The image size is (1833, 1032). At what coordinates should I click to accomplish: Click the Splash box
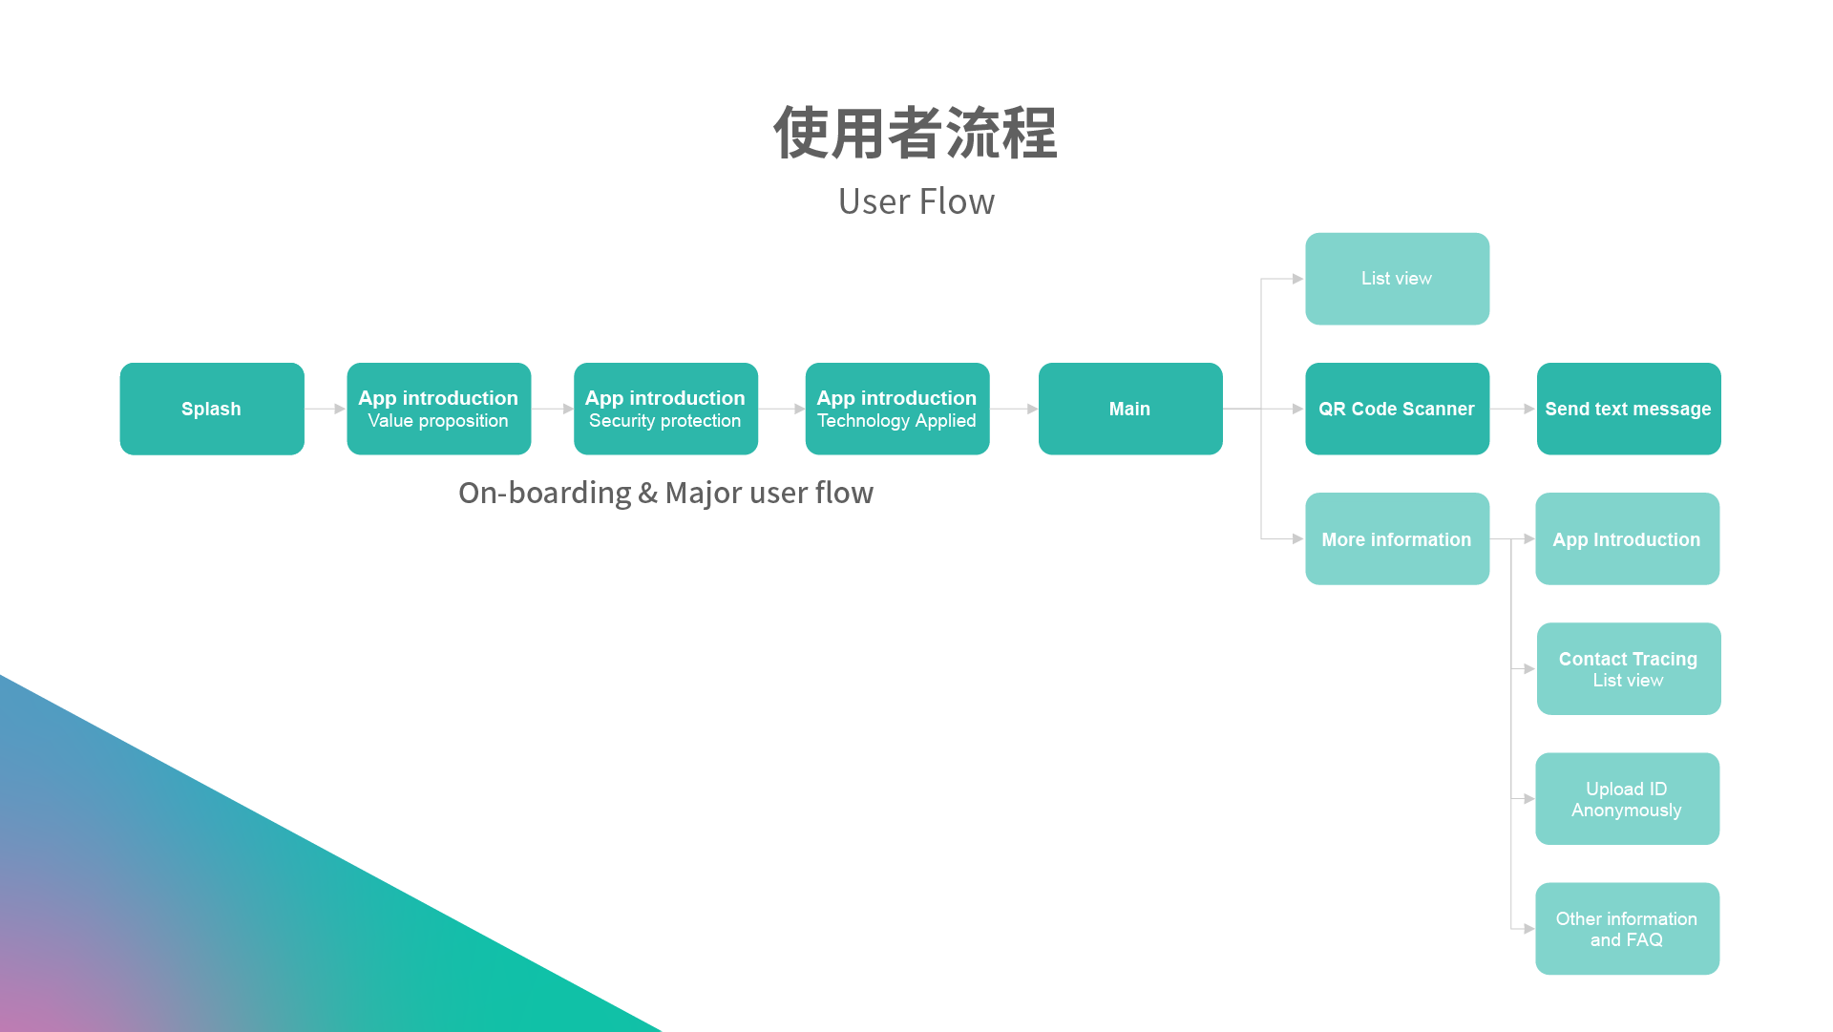(212, 409)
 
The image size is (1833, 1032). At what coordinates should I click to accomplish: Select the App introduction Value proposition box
(438, 409)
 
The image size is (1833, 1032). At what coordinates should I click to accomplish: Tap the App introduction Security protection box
(665, 409)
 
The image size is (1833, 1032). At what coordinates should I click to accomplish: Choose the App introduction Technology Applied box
(896, 409)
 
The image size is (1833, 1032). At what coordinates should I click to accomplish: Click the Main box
(1129, 409)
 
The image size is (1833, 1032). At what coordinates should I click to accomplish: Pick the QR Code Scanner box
(1397, 409)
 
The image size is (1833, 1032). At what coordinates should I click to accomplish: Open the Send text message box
(1628, 409)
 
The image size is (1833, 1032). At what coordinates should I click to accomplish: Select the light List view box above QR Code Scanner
(1397, 279)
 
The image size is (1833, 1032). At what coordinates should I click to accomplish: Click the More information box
(1397, 539)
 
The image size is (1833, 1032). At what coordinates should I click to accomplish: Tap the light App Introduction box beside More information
(1627, 539)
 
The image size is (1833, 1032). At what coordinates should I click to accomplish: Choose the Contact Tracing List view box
(1628, 669)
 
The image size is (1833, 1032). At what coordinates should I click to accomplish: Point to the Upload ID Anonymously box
(1627, 799)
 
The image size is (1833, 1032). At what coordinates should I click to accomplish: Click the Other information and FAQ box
(1627, 929)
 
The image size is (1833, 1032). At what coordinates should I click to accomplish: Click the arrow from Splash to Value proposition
(326, 409)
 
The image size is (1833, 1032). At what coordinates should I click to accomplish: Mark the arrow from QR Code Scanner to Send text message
(1513, 409)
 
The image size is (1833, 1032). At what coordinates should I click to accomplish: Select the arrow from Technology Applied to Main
(1014, 409)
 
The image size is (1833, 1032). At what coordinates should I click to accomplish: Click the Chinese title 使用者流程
(916, 133)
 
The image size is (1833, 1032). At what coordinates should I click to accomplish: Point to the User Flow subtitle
(916, 201)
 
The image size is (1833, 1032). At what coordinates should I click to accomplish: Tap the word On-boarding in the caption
(544, 493)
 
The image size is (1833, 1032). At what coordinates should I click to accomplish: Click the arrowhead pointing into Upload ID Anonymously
(1528, 799)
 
